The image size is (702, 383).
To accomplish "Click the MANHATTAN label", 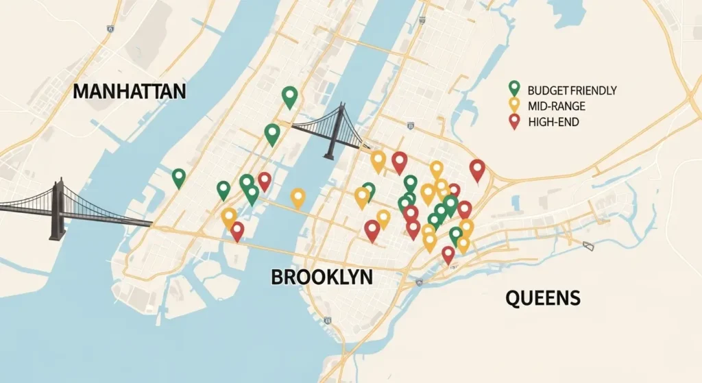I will click(x=129, y=92).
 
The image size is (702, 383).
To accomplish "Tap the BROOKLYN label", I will click(x=322, y=277).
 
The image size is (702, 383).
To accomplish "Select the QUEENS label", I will click(x=543, y=298).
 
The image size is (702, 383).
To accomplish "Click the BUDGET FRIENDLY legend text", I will click(x=572, y=90).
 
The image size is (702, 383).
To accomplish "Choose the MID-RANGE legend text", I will click(x=557, y=106).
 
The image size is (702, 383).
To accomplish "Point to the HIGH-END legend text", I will click(x=553, y=123).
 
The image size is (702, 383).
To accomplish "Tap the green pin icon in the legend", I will click(x=513, y=88).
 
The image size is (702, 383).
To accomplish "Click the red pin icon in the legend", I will click(x=513, y=121).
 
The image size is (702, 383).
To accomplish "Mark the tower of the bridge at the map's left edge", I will click(x=58, y=208).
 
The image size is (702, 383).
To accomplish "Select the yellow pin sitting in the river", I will click(x=298, y=197).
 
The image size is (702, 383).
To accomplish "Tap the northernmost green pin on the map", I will click(x=290, y=97).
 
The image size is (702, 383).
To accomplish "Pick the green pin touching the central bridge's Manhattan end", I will click(x=272, y=134).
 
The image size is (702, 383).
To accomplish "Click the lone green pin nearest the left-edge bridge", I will click(x=179, y=177).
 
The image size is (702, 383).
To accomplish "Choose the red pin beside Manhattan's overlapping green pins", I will click(x=264, y=180).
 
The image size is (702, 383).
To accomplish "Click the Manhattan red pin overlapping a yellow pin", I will click(x=237, y=230).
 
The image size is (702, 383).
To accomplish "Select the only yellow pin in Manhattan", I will click(x=229, y=217).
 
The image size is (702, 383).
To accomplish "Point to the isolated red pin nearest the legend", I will click(x=477, y=169).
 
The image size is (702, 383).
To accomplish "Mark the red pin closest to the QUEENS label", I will click(x=448, y=254).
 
